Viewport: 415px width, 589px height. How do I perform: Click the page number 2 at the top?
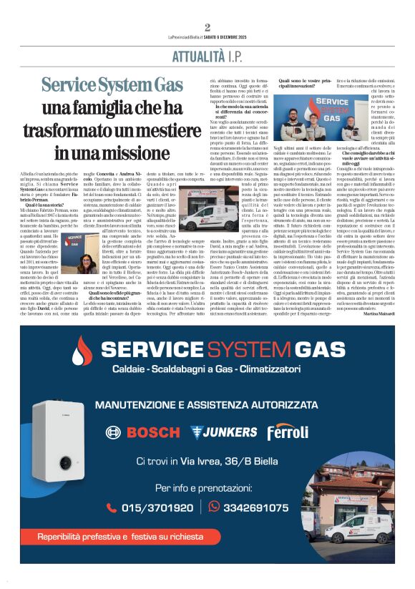(x=207, y=28)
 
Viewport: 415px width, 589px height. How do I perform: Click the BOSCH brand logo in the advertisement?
(x=142, y=432)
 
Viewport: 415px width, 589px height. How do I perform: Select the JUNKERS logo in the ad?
(x=223, y=432)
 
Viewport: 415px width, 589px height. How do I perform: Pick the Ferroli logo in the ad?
(x=288, y=432)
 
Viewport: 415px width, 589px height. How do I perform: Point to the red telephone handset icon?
(x=111, y=507)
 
